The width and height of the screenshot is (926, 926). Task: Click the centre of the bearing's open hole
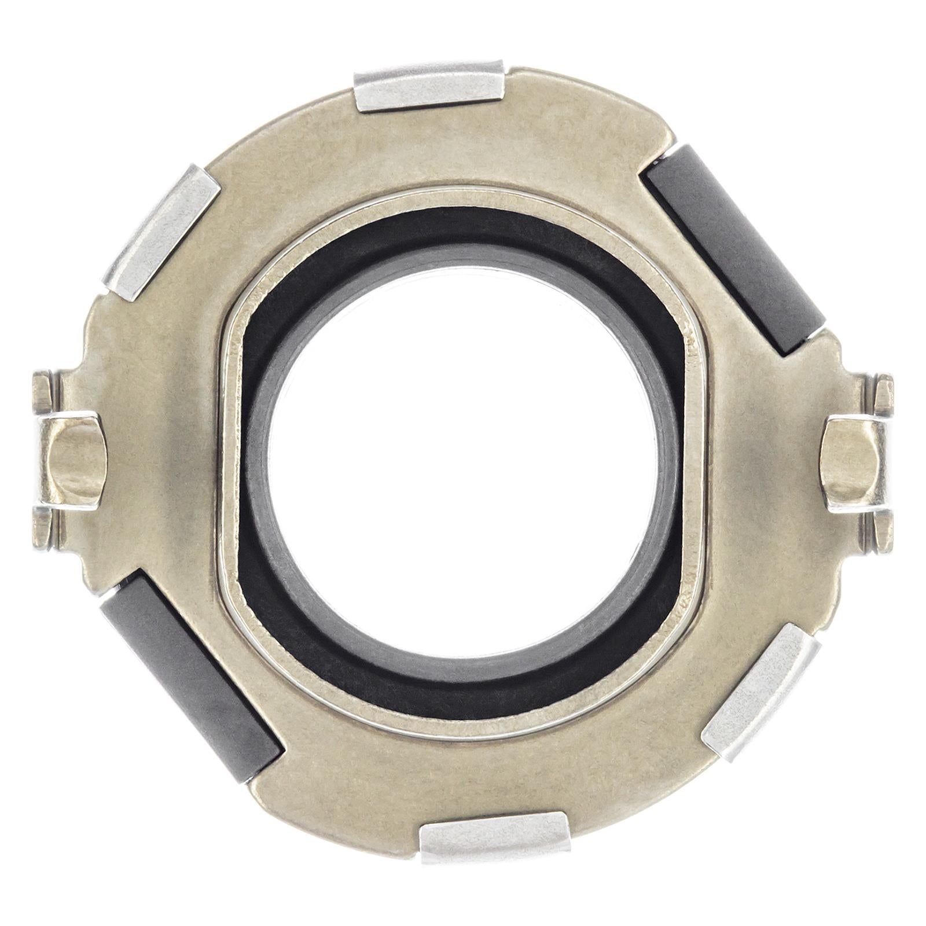tap(463, 463)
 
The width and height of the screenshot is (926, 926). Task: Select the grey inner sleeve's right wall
tap(666, 463)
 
